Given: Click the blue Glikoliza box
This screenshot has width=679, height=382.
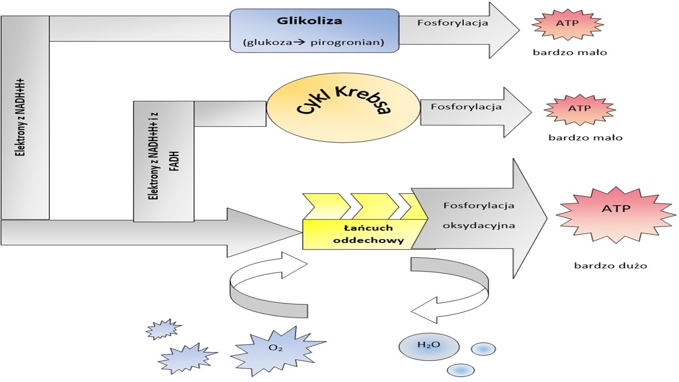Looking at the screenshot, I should pos(314,30).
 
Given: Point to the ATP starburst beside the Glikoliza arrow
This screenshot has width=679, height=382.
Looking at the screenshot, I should pos(567,24).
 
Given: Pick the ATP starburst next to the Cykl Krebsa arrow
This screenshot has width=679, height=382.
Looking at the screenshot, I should pos(579,109).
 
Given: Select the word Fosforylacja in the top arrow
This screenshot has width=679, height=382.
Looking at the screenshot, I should pos(452,23).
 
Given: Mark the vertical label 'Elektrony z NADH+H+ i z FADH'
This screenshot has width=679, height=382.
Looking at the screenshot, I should pos(163,161).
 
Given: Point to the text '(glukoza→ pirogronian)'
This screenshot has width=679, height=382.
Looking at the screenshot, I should pos(313,42).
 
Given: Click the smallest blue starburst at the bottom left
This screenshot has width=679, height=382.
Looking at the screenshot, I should pos(163,329).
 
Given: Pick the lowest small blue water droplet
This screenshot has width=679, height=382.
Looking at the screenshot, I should pos(460,370).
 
